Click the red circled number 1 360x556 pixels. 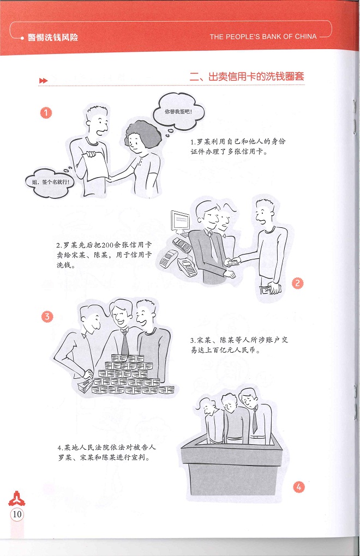click(46, 113)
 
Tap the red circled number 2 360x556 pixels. click(297, 283)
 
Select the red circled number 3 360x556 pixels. click(47, 317)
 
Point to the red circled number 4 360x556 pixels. click(299, 487)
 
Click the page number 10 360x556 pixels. click(17, 514)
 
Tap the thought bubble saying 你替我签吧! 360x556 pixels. click(178, 112)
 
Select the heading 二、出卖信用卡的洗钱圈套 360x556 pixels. click(247, 77)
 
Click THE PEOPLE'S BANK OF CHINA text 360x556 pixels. click(263, 37)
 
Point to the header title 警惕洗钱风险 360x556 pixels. click(53, 37)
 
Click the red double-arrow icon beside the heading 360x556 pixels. click(43, 81)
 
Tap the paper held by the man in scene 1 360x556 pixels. click(95, 165)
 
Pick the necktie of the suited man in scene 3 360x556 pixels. click(125, 342)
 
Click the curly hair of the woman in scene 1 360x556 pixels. click(142, 132)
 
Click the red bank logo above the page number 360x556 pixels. click(17, 499)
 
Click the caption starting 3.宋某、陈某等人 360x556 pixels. click(239, 345)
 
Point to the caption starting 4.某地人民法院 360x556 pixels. click(107, 452)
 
